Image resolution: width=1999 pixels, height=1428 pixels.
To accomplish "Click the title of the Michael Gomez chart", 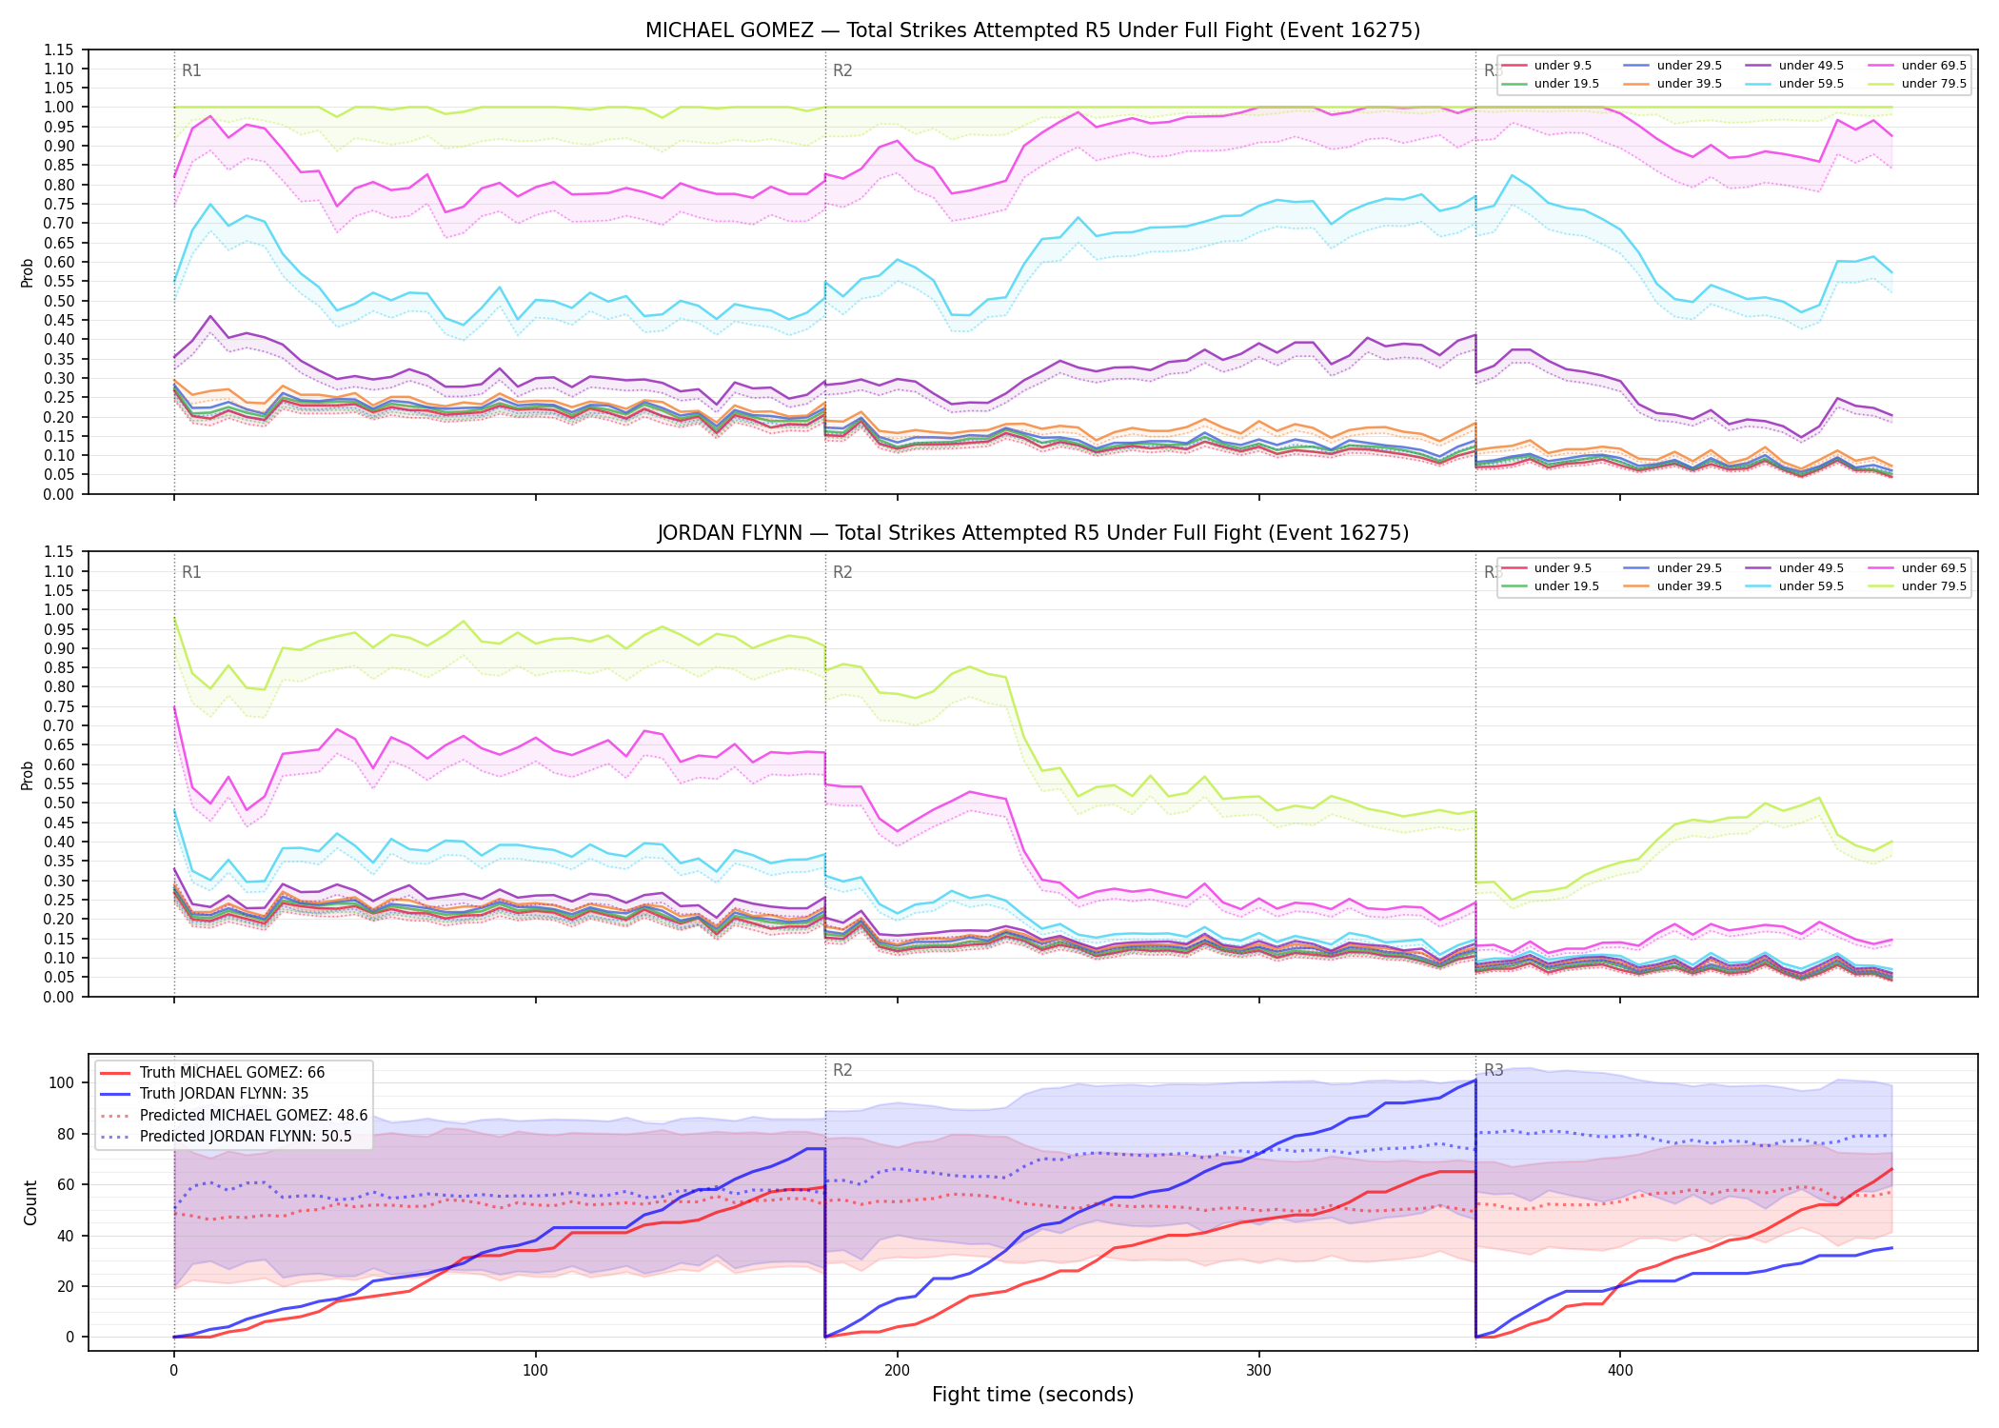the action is (1033, 30).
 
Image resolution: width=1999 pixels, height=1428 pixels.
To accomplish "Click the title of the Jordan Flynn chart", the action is (1033, 533).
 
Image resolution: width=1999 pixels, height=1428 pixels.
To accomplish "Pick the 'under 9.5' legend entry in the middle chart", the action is (1562, 568).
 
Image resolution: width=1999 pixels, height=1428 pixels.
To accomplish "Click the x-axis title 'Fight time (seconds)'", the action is (1033, 1395).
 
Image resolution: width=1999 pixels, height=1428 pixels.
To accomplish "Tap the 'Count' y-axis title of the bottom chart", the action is (30, 1202).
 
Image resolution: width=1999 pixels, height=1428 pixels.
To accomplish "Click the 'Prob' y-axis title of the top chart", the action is (28, 272).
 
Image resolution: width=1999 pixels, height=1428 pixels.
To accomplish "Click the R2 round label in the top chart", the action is (842, 70).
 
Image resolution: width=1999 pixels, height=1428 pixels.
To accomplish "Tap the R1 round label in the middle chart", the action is (191, 572).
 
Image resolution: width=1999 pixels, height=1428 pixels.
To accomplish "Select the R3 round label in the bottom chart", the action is (1494, 1070).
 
